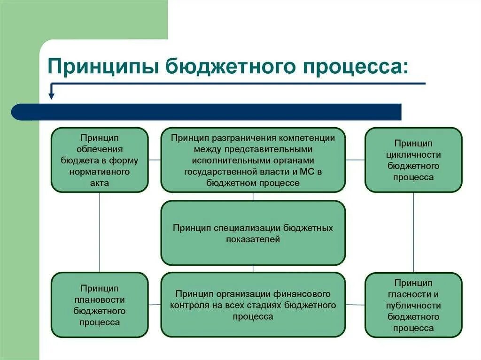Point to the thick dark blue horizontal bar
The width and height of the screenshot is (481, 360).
point(207,112)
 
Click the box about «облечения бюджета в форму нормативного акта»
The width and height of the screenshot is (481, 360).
point(100,160)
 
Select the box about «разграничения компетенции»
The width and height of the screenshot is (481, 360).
point(253,160)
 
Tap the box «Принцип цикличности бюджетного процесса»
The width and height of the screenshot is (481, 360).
point(413,160)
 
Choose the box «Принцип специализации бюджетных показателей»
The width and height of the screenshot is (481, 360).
point(253,233)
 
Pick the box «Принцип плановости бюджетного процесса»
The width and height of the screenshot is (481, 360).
point(100,305)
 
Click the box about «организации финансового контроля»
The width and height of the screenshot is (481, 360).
point(253,305)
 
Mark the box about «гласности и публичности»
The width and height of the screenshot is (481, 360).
point(413,305)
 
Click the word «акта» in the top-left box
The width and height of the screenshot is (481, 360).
point(100,183)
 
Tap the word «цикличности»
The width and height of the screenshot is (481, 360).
point(413,154)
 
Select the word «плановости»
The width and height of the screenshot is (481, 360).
point(99,299)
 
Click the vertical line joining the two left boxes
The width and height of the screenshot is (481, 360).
point(100,232)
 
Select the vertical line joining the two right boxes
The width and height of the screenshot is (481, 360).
point(413,232)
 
